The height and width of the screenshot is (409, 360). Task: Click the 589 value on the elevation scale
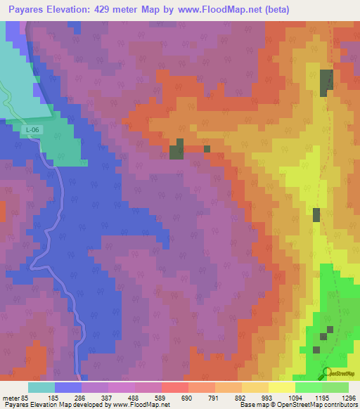[x=161, y=398]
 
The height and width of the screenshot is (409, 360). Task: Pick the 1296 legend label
[x=347, y=398]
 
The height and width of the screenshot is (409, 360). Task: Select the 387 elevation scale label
[x=108, y=398]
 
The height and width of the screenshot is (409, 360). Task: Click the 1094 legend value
[x=295, y=398]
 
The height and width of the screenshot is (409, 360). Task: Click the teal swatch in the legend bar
[x=41, y=387]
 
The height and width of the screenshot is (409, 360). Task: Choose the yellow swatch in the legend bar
[x=281, y=387]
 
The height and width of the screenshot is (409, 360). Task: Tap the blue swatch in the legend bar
[x=68, y=387]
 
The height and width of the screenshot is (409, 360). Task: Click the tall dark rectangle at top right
[x=326, y=84]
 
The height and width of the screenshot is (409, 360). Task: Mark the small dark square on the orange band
[x=207, y=149]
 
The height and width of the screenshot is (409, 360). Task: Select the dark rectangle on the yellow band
[x=316, y=215]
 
